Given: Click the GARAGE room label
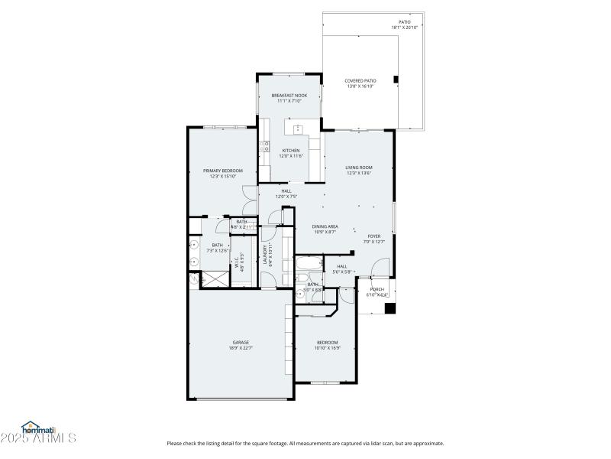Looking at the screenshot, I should click(241, 342).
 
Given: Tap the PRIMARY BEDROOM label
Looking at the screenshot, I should click(222, 170).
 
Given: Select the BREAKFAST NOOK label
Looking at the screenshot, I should click(289, 95).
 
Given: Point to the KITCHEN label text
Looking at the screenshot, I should click(290, 150).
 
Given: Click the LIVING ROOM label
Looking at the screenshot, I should click(358, 167).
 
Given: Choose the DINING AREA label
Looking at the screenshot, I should click(325, 226).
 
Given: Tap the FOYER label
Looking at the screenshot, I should click(373, 236).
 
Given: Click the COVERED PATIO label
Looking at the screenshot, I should click(361, 80).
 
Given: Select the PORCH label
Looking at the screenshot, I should click(377, 289).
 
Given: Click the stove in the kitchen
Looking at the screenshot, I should click(264, 148).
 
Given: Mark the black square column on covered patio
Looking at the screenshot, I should click(396, 79).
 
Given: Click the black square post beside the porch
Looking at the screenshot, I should click(390, 308).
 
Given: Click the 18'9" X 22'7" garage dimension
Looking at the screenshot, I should click(241, 348).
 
